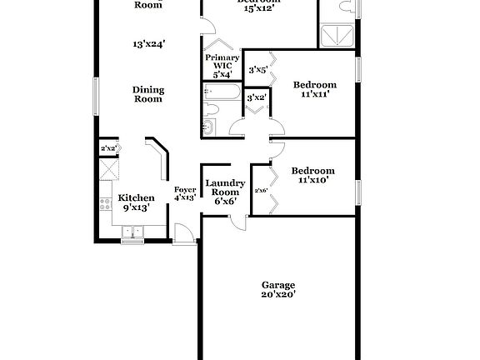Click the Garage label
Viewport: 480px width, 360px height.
[x=278, y=284]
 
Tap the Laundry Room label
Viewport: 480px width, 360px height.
[x=224, y=192]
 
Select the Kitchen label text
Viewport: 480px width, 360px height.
[x=136, y=198]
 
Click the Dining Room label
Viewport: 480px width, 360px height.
[x=148, y=94]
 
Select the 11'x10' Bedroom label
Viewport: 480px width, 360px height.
[x=312, y=176]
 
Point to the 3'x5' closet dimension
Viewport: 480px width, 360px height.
[x=257, y=71]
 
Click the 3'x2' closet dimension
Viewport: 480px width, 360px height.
[x=257, y=97]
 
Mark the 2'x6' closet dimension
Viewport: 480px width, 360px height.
[x=261, y=191]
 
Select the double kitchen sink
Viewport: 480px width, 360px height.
[x=132, y=235]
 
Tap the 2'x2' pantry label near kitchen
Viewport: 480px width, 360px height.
[x=107, y=148]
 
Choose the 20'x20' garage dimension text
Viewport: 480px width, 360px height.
[x=278, y=294]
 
